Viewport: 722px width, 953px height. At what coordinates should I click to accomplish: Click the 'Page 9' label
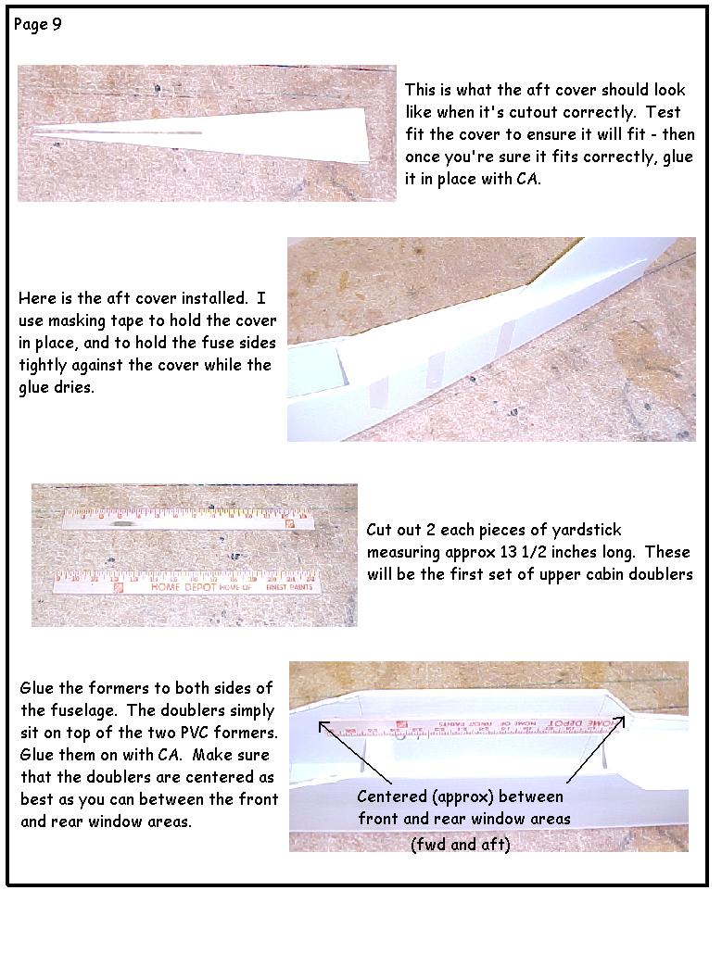(37, 25)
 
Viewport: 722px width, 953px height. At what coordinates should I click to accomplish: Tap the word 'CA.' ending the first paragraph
(528, 179)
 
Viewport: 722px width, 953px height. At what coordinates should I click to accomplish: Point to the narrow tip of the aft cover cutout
(34, 133)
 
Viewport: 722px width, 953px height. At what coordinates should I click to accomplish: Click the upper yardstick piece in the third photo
(188, 519)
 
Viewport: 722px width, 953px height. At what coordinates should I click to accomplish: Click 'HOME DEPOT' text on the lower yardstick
(184, 587)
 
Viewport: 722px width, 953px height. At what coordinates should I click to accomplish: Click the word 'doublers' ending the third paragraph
(662, 574)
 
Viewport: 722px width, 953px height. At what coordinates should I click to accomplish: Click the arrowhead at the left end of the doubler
(323, 725)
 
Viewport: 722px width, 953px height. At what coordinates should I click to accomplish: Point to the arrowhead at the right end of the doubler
(620, 721)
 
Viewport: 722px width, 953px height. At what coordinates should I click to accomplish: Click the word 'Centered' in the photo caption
(392, 796)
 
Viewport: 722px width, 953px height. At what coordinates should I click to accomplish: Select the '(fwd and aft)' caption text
(461, 845)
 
